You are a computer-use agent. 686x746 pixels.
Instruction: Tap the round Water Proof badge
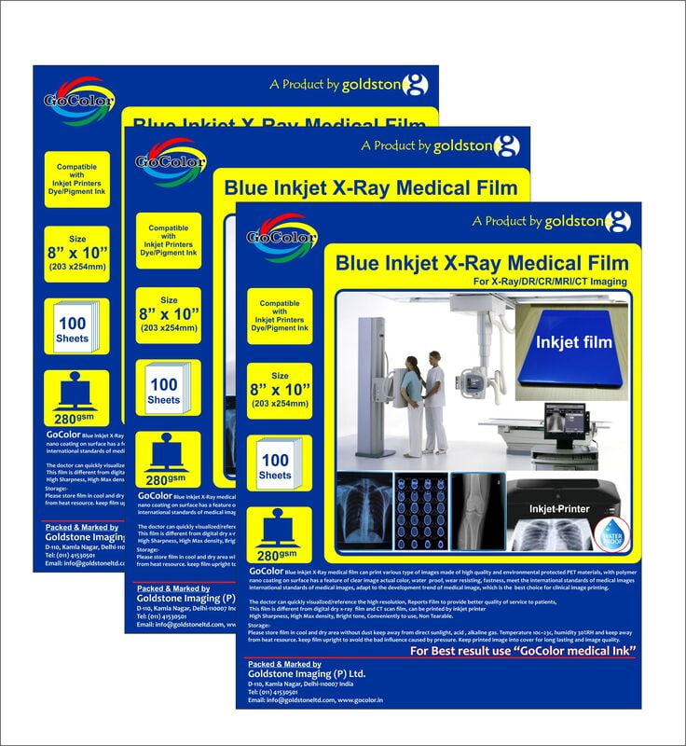[610, 542]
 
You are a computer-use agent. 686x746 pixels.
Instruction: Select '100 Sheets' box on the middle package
[163, 390]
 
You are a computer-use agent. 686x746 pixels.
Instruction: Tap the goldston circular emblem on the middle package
[504, 146]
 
